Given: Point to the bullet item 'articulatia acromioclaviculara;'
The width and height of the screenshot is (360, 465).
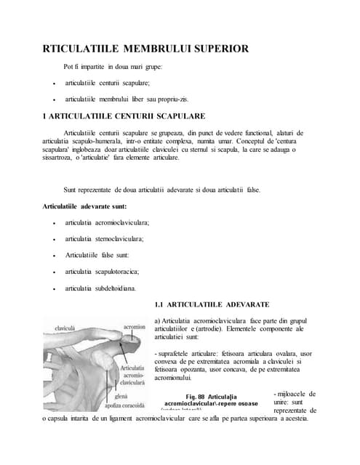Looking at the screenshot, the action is pos(107,222).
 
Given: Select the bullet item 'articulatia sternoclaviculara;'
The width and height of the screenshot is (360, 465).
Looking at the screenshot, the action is pos(105,238).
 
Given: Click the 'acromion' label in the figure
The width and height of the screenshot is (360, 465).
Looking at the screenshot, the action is pos(135,326).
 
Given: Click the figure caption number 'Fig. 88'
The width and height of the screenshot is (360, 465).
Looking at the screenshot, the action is pos(196,396).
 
